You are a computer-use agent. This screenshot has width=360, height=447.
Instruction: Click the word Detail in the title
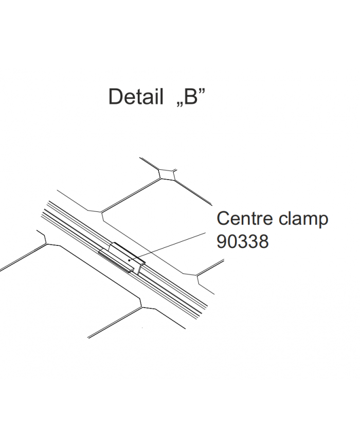tap(136, 96)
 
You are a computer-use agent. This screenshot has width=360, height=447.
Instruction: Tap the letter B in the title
tap(191, 96)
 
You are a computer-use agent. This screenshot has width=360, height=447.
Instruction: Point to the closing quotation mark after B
tap(202, 91)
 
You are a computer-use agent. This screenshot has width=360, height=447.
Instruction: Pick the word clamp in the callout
tap(303, 220)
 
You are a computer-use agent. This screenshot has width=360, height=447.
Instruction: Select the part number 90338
tap(243, 242)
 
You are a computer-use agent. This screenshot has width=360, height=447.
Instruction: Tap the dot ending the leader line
tap(130, 260)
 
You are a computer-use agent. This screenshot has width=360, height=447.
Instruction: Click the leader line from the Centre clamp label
tap(168, 246)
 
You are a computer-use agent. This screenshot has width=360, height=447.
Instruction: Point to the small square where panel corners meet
tap(167, 174)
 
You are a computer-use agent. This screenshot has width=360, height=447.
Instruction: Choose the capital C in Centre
tap(224, 219)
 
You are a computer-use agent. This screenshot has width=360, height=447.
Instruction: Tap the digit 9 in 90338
tap(222, 242)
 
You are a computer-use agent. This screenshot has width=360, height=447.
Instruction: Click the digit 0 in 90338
tap(232, 242)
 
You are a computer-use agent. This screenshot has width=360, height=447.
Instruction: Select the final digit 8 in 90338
tap(264, 242)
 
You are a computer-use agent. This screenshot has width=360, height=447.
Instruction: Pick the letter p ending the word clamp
tap(323, 222)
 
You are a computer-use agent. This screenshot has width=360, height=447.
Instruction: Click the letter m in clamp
tap(309, 220)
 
